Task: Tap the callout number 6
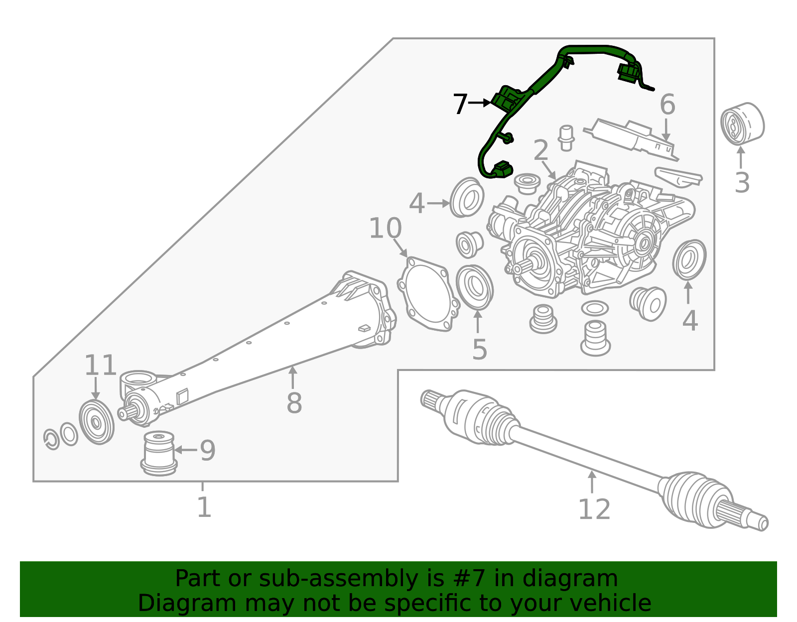(667, 104)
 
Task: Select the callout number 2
(541, 150)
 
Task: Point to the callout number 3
(742, 183)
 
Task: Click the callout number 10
(385, 228)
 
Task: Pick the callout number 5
(480, 349)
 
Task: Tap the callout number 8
(294, 403)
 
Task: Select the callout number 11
(100, 365)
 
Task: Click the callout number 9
(208, 451)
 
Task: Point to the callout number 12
(594, 509)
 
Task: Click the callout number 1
(204, 507)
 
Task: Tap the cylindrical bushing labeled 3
(742, 124)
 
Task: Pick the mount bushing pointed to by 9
(159, 453)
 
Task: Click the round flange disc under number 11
(97, 422)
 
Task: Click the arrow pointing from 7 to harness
(480, 103)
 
